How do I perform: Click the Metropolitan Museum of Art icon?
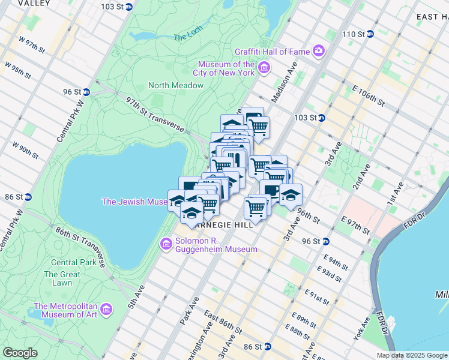pos(106,309)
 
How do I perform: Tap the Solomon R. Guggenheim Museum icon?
pos(166,244)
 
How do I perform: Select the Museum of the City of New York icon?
pos(264,68)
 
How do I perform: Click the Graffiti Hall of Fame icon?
pos(319,51)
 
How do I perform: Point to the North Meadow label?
pos(176,85)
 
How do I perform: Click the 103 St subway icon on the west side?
pos(128,7)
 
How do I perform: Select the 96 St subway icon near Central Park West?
pos(86,92)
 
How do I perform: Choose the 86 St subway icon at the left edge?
pos(28,196)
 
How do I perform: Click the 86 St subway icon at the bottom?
pos(268,347)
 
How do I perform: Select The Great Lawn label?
pos(62,278)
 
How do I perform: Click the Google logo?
pos(20,353)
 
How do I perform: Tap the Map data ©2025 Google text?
pos(411,355)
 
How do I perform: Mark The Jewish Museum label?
pos(134,202)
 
